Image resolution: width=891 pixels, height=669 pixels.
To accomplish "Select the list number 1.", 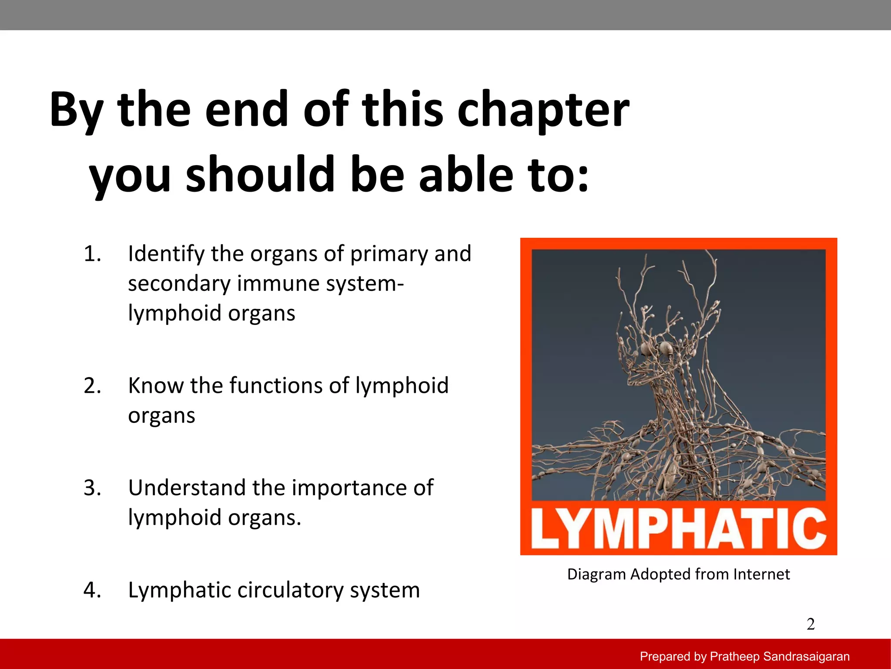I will tap(92, 254).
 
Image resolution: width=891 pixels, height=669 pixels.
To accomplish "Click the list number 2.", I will tap(92, 386).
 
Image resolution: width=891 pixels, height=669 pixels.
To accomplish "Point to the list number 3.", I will tap(92, 488).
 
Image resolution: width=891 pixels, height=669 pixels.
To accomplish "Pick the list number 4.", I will tap(92, 591).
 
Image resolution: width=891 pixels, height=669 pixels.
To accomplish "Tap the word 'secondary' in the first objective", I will tap(178, 284).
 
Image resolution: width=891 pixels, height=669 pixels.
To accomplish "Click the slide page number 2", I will tap(811, 624).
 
